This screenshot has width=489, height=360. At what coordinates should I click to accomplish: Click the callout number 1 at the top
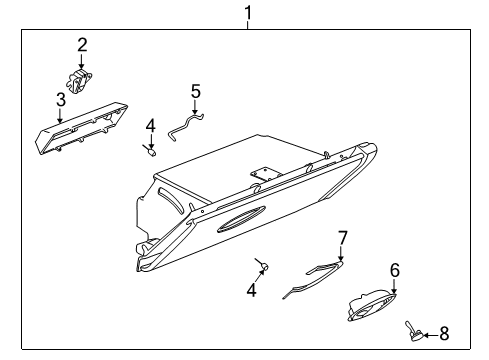247,13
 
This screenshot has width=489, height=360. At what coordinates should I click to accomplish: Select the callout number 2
83,44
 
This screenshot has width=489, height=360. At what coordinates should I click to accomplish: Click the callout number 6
394,269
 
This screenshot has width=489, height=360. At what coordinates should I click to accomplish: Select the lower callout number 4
252,291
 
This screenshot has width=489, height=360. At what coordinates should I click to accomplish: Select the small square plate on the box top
262,174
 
